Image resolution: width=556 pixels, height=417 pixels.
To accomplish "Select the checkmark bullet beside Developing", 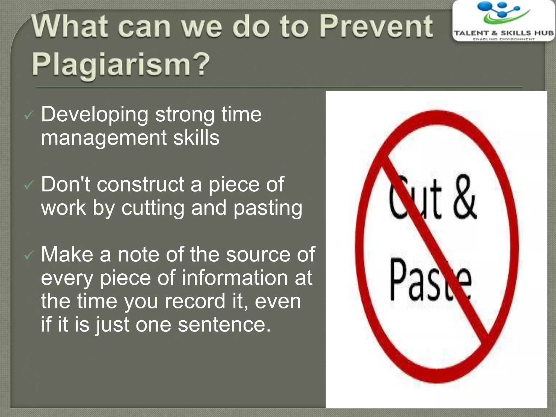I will (x=29, y=116).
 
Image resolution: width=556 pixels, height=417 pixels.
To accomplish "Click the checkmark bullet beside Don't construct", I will (x=29, y=186).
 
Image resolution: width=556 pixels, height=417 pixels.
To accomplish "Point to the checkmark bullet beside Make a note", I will (x=29, y=255).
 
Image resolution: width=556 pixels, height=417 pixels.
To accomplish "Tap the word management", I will (x=103, y=138).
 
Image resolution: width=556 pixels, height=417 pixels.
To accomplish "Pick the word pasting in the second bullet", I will (x=268, y=208).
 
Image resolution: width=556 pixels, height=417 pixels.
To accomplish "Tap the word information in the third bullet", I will (x=235, y=278).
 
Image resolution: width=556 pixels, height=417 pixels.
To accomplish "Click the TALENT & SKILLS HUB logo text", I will (x=504, y=33).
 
